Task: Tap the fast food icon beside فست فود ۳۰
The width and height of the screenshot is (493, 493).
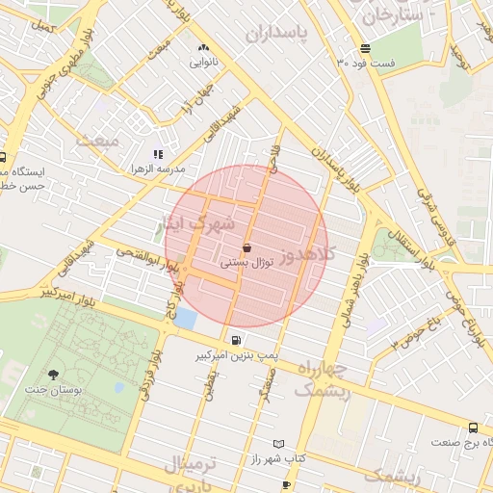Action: (x=365, y=49)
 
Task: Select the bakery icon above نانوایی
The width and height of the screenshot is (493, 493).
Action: (x=202, y=48)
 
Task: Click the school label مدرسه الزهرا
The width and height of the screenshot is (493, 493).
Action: (x=158, y=169)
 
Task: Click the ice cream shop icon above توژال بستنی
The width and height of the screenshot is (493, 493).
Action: (x=247, y=246)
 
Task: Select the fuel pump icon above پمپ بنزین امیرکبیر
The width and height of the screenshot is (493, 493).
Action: (x=237, y=340)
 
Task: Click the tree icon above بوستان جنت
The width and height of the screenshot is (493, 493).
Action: (x=53, y=375)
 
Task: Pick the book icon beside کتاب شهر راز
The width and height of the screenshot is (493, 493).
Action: (x=279, y=444)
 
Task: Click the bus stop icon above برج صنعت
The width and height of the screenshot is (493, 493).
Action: (x=472, y=427)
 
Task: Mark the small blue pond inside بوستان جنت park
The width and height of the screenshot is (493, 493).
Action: (x=118, y=388)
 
